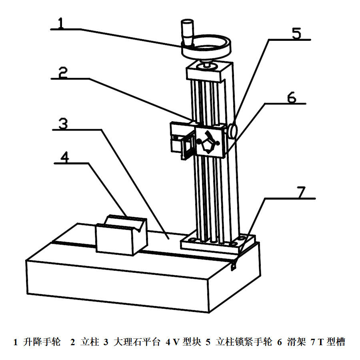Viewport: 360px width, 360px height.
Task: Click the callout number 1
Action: [x=60, y=22]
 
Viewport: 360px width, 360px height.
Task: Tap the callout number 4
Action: [x=64, y=157]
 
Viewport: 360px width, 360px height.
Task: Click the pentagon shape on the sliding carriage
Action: [x=208, y=144]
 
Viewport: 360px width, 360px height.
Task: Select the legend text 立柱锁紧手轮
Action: [x=244, y=342]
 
